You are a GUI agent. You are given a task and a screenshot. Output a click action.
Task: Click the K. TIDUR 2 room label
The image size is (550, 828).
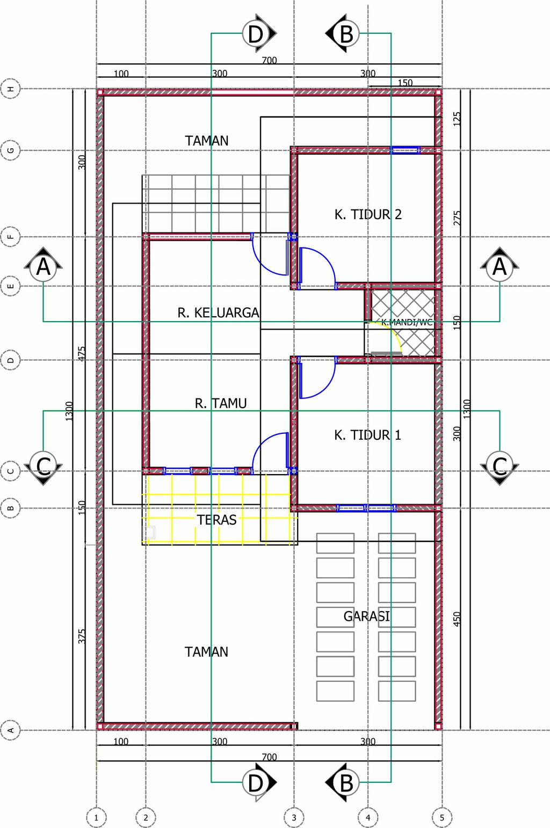368,214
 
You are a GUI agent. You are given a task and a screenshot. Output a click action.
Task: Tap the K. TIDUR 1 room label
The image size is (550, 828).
367,435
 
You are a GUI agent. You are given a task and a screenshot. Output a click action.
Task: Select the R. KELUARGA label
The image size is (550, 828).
218,313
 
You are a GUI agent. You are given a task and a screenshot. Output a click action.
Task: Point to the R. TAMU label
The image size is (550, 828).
221,403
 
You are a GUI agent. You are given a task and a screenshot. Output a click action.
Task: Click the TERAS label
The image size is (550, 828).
216,520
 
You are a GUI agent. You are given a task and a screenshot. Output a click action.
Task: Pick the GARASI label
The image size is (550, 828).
367,616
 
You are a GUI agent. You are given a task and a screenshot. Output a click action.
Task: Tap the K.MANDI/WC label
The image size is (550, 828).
407,322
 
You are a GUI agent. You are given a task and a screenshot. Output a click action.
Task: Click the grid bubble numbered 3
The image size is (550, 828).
294,818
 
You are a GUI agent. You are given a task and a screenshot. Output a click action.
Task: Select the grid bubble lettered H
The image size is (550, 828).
11,89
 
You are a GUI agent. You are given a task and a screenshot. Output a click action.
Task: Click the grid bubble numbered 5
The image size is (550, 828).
442,818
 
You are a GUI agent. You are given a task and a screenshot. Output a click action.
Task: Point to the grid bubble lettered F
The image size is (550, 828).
11,237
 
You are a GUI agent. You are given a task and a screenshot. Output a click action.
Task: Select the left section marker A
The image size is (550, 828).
44,267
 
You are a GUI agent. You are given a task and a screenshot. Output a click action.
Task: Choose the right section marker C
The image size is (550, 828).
500,466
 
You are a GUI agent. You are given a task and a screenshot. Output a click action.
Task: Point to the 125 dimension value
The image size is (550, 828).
457,119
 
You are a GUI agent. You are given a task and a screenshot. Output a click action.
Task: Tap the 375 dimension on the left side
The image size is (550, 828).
82,636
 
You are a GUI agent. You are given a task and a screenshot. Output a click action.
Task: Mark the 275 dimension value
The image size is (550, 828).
457,217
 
